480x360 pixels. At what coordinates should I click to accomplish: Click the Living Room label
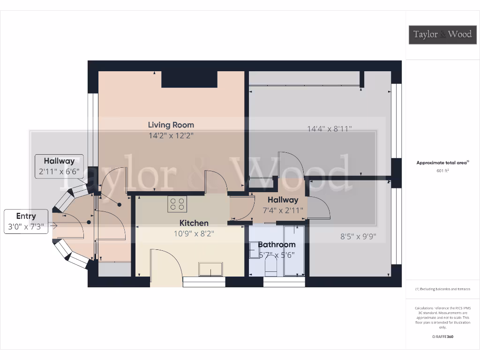click(171, 125)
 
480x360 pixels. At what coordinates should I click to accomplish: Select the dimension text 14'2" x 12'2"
click(171, 135)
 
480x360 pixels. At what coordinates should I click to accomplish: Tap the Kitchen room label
click(194, 223)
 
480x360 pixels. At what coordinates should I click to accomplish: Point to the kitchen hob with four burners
click(177, 203)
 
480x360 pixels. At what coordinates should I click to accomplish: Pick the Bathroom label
click(277, 244)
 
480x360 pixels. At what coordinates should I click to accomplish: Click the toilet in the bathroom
click(270, 267)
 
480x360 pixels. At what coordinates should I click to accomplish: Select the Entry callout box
click(26, 221)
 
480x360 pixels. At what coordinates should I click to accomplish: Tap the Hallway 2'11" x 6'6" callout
click(60, 166)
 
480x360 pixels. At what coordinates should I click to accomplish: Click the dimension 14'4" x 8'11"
click(329, 128)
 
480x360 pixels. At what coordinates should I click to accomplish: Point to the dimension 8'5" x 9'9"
click(359, 237)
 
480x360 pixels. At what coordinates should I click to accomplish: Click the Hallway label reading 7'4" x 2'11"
click(283, 205)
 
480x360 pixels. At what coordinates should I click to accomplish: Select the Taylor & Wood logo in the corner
click(442, 34)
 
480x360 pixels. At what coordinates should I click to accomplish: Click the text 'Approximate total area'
click(442, 163)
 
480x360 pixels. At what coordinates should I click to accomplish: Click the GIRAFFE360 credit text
click(442, 337)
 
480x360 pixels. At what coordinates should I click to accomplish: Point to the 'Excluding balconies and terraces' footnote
click(442, 289)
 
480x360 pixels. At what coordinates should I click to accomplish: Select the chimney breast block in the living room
click(189, 79)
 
